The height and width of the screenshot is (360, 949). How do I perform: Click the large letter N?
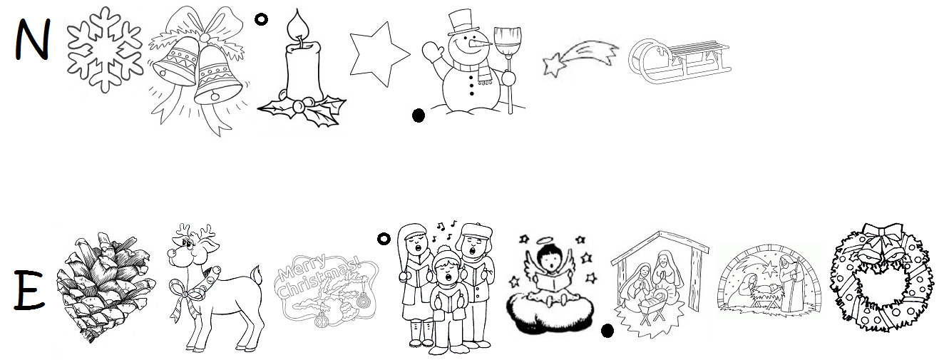click(x=33, y=40)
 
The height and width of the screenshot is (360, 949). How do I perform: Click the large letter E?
click(x=29, y=291)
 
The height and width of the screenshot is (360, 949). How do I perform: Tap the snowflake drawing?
click(x=105, y=49)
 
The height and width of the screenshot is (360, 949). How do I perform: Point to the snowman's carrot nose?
click(x=482, y=43)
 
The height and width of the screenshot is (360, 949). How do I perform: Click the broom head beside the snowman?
click(x=508, y=42)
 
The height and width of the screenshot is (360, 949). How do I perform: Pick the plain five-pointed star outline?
click(x=379, y=54)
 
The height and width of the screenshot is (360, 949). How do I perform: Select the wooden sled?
click(x=679, y=61)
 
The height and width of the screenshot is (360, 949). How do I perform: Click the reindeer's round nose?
click(x=171, y=253)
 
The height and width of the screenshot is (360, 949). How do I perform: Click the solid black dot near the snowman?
click(x=418, y=115)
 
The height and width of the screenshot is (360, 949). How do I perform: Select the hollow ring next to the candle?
click(x=262, y=19)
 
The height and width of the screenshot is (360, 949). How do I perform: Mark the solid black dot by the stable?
click(x=607, y=331)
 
